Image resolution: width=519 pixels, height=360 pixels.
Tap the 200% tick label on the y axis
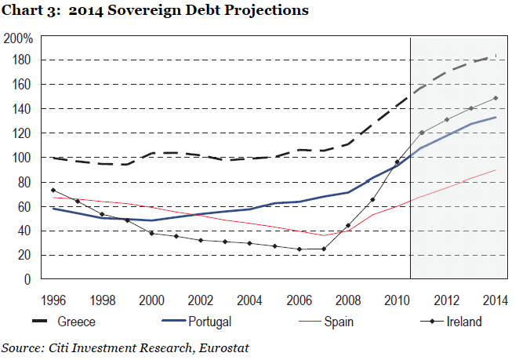point(18,38)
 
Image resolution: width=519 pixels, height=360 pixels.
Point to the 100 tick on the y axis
point(21,158)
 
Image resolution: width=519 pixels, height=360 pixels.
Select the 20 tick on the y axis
point(24,255)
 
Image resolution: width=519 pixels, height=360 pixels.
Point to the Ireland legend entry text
point(464,322)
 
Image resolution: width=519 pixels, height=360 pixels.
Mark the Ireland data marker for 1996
point(53,191)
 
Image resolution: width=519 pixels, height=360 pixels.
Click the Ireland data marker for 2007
point(324,249)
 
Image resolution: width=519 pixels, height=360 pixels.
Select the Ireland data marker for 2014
point(496,98)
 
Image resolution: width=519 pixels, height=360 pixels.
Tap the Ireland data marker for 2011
point(423,133)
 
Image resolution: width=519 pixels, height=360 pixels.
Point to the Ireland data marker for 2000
point(151,233)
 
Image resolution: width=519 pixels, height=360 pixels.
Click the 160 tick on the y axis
point(21,84)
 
